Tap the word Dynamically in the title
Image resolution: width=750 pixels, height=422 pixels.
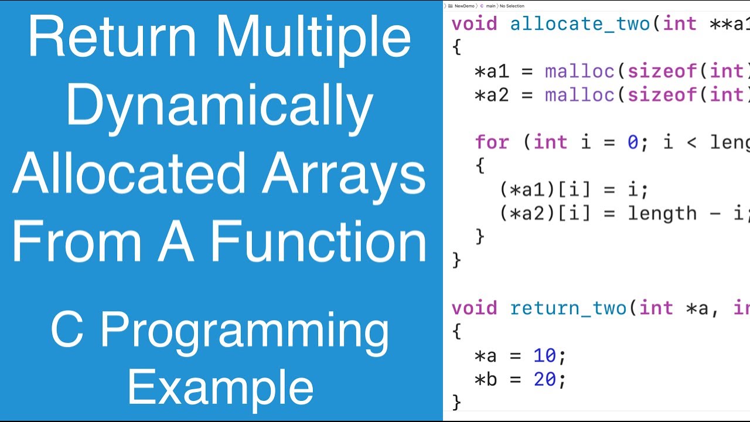pos(220,107)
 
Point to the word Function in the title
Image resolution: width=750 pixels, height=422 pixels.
pos(319,241)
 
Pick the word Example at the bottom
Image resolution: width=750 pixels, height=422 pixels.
pos(220,387)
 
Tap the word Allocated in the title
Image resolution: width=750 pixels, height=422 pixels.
pos(129,174)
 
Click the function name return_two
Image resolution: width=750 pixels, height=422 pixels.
pos(568,308)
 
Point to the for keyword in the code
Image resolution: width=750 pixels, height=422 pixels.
pos(492,142)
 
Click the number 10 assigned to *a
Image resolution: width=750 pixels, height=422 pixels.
pos(545,356)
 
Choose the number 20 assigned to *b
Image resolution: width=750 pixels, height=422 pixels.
pos(545,380)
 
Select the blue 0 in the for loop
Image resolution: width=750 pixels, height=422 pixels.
pos(633,142)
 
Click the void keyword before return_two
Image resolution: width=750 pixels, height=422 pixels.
pos(475,308)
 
